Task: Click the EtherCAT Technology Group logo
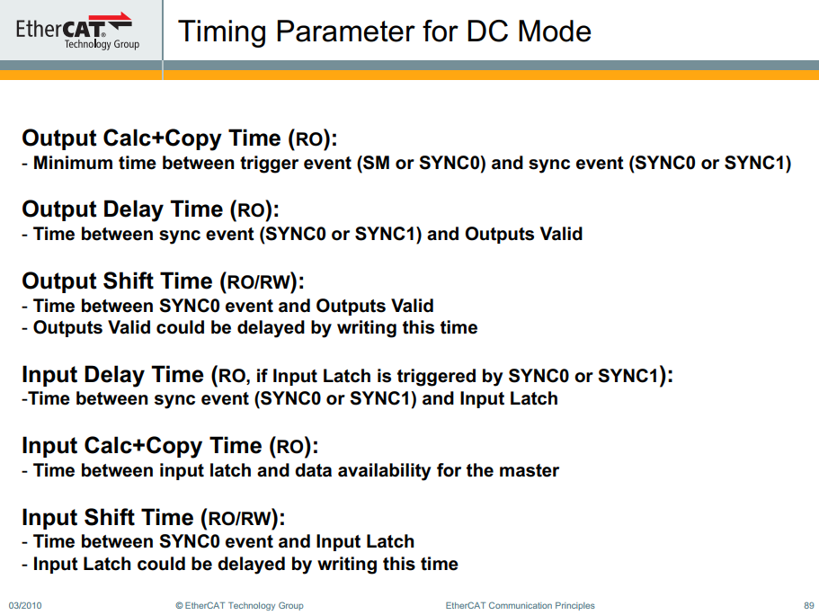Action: pyautogui.click(x=77, y=31)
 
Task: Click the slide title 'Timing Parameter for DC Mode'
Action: pyautogui.click(x=385, y=31)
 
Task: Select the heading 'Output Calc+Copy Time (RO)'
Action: pyautogui.click(x=179, y=138)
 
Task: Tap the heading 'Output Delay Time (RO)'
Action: pyautogui.click(x=150, y=209)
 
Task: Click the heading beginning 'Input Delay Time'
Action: pyautogui.click(x=347, y=375)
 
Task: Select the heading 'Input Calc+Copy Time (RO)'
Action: pyautogui.click(x=169, y=446)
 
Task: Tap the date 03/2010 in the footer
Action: pyautogui.click(x=25, y=605)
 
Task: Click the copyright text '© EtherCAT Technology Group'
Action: pyautogui.click(x=239, y=605)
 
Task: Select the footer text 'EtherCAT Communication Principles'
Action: pyautogui.click(x=520, y=605)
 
